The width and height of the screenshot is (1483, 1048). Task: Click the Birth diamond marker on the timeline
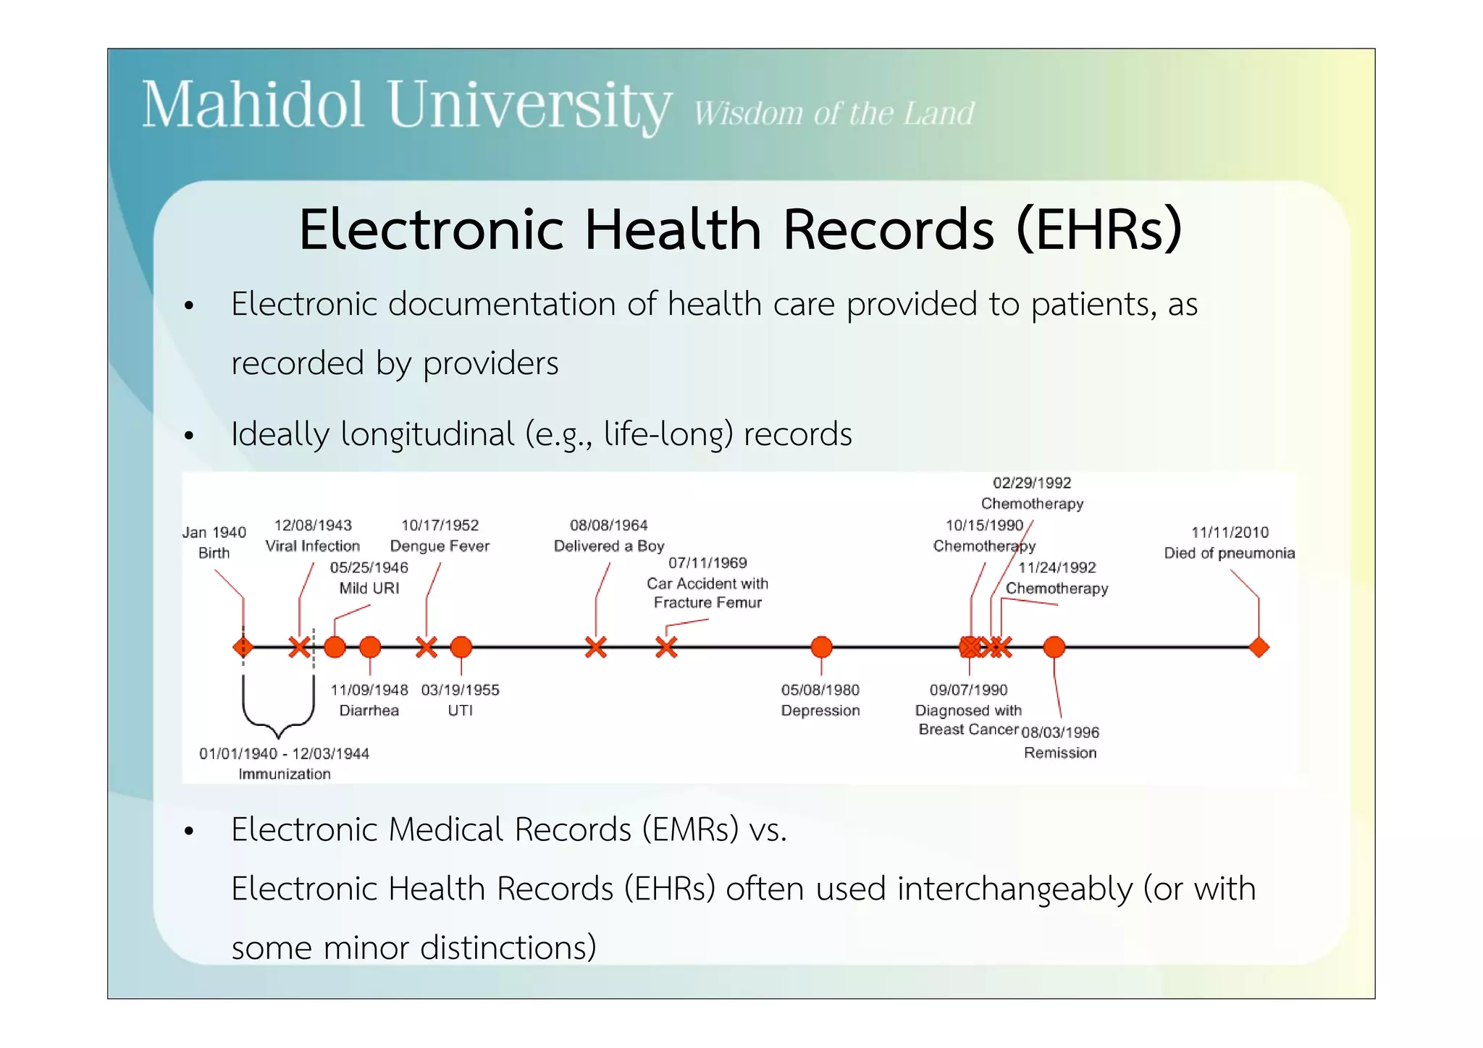point(243,646)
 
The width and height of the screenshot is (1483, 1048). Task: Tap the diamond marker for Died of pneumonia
point(1259,647)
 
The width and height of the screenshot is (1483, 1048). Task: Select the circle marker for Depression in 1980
point(821,647)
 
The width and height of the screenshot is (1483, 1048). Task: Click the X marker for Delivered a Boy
point(595,647)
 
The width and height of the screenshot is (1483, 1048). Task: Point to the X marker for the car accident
point(666,647)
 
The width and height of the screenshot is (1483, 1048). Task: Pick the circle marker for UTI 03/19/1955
point(461,647)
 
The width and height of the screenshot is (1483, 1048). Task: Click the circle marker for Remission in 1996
point(1054,647)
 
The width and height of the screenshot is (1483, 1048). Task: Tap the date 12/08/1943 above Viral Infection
point(313,525)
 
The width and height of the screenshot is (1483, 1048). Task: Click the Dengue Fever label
point(440,546)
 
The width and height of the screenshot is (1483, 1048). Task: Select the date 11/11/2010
point(1230,533)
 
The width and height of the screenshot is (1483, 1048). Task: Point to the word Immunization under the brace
point(285,774)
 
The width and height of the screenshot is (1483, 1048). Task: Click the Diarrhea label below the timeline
point(369,711)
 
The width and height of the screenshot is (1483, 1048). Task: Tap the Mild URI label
point(369,588)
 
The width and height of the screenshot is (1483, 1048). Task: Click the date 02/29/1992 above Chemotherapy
point(1032,483)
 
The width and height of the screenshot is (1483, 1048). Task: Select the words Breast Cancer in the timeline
point(968,730)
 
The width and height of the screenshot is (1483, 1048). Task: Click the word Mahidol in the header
point(252,106)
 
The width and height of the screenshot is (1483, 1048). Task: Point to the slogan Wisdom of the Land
point(833,114)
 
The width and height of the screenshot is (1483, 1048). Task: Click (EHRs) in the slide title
point(1098,229)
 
